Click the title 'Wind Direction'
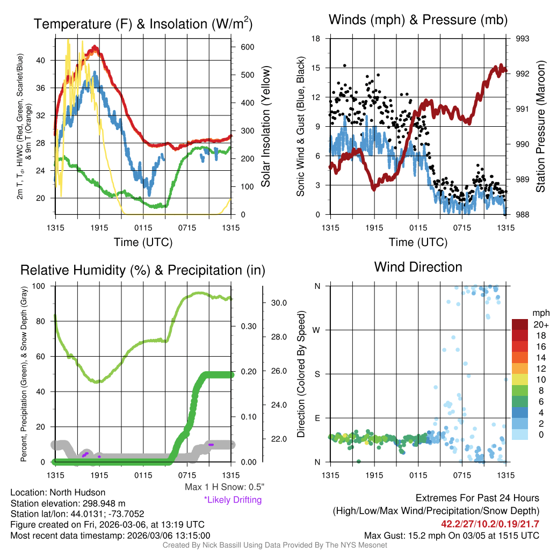[418, 267]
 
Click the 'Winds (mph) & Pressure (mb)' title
[418, 20]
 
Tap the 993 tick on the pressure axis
[522, 39]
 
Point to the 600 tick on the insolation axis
[247, 47]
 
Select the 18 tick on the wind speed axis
[316, 39]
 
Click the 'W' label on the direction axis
[317, 330]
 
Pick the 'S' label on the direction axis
[317, 374]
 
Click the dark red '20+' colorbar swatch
[520, 325]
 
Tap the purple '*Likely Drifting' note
[233, 500]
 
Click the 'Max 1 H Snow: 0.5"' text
[224, 487]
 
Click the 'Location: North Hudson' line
[58, 493]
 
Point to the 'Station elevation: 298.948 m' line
[68, 503]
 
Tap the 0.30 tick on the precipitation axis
[246, 326]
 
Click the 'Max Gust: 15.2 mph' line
[451, 535]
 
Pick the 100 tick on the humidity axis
[42, 286]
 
